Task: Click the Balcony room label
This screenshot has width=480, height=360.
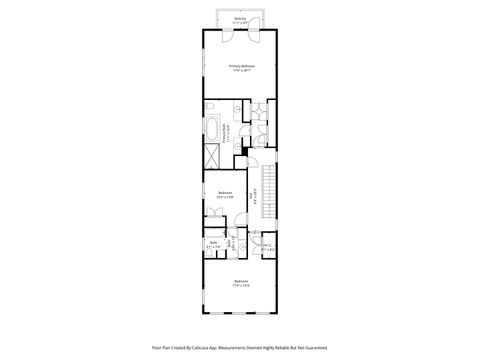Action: pos(240,18)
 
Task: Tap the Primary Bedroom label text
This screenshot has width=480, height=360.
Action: pos(240,66)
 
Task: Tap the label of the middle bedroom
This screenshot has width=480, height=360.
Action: pos(225,193)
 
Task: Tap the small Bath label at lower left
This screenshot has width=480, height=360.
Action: pos(213,243)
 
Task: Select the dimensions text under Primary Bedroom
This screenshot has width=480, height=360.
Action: pos(240,71)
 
